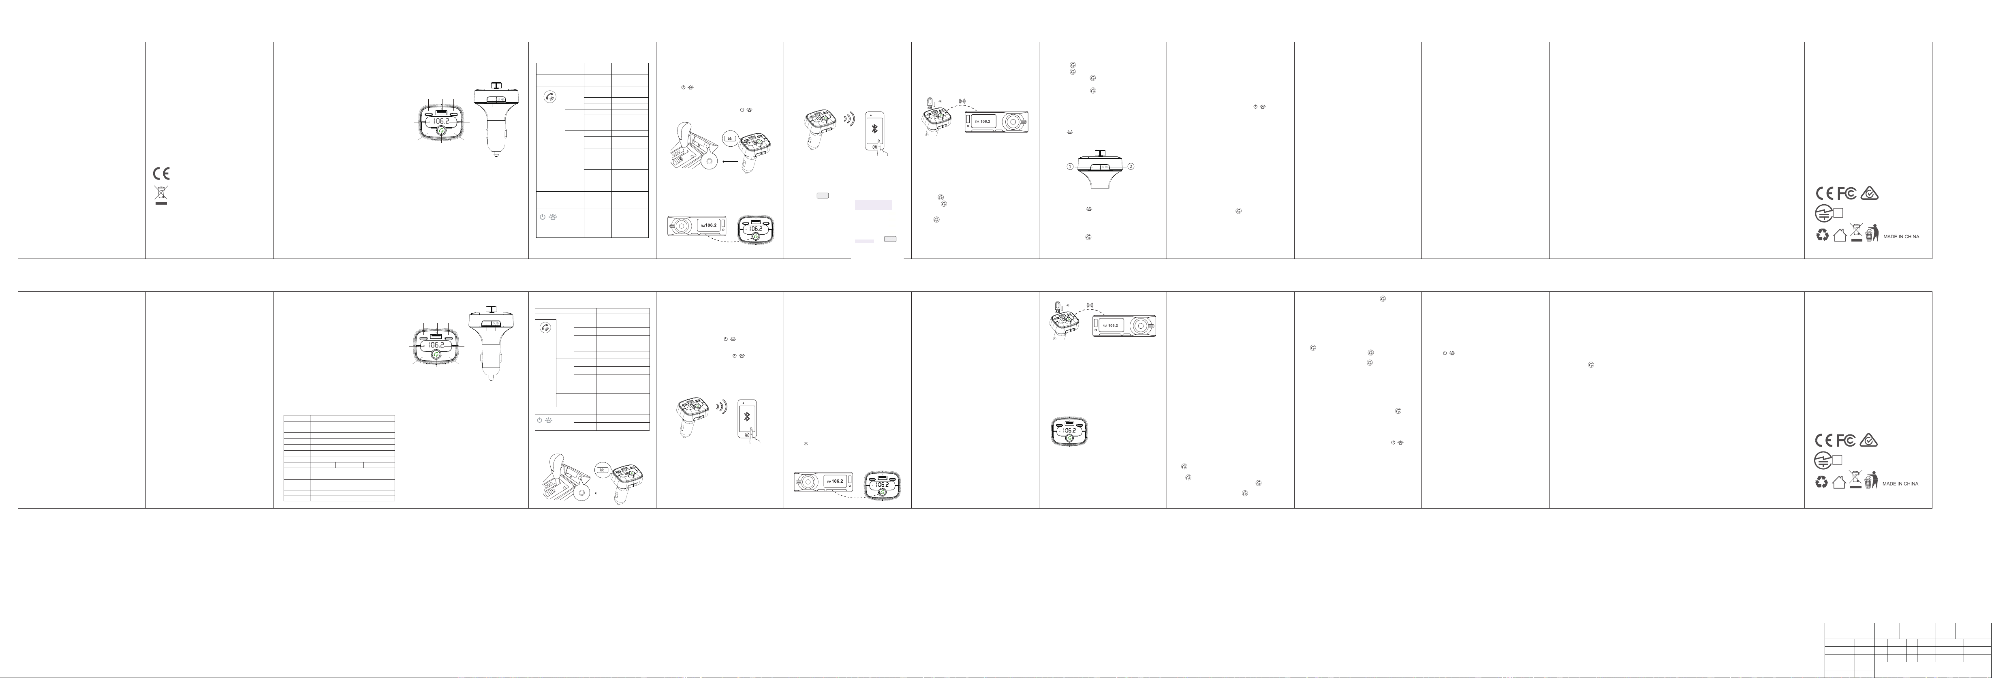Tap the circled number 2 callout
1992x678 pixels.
1131,166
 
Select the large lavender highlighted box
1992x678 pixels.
873,205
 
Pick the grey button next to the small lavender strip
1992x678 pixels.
890,239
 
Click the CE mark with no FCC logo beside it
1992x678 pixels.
161,173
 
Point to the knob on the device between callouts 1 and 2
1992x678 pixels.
1100,154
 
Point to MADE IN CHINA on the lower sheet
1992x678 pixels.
1900,484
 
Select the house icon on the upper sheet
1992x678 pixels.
1840,235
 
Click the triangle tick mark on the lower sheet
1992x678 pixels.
1869,441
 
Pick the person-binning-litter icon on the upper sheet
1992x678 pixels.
1872,233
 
